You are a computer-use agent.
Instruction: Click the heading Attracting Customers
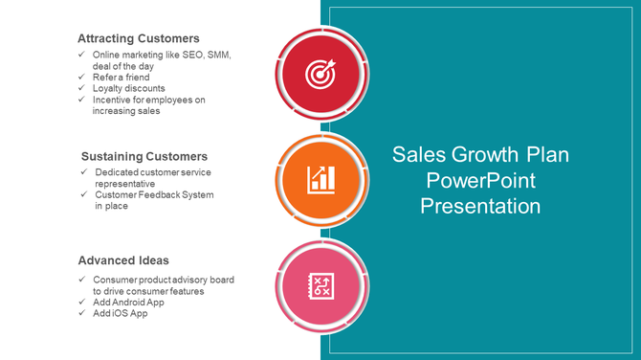pos(138,38)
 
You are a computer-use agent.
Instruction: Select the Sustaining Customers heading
pos(144,156)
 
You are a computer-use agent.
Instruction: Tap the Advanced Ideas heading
pos(123,260)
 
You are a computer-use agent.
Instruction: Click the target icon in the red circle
pos(320,72)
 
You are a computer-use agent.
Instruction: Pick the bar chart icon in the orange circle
pos(320,178)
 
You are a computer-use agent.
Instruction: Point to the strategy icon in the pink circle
pos(320,284)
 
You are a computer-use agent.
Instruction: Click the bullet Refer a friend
pos(122,78)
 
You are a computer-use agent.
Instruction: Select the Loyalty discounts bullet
pos(129,88)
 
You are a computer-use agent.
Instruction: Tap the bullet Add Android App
pos(128,302)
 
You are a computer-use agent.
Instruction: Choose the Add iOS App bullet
pos(121,313)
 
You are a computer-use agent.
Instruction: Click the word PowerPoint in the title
pos(480,180)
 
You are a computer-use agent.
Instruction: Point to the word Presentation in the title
pos(480,206)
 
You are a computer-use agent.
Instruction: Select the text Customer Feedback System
pos(154,195)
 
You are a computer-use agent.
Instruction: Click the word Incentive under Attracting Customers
pos(114,100)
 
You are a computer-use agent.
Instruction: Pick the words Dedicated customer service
pos(153,172)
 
